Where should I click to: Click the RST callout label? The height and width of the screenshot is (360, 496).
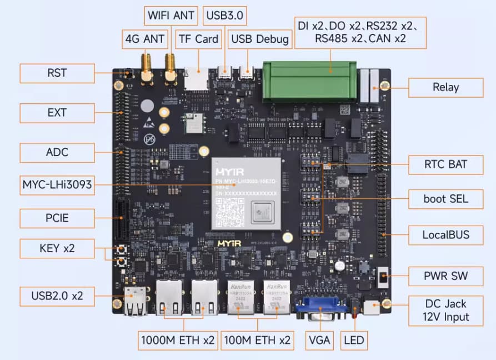pos(57,73)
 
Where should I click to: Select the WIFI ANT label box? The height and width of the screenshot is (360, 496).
pos(171,15)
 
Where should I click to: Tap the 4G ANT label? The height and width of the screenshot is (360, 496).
pos(146,39)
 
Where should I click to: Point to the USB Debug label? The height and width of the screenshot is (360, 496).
pos(260,39)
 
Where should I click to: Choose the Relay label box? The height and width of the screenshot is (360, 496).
pos(445,87)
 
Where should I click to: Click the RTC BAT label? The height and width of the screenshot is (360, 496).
pos(445,164)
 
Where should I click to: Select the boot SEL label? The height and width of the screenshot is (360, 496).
pos(445,198)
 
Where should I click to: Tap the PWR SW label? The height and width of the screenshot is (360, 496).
pos(445,275)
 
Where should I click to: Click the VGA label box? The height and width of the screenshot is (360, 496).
pos(319,340)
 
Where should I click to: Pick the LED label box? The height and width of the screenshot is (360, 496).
pos(353,340)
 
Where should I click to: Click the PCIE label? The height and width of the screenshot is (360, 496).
pos(57,218)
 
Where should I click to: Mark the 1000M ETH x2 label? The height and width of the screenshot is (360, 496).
pos(178,340)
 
